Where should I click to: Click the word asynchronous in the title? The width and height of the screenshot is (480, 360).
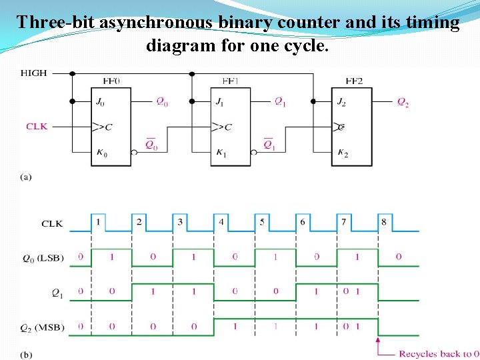(156, 22)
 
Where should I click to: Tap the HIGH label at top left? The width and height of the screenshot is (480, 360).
(34, 73)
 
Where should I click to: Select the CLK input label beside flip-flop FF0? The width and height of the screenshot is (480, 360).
(37, 126)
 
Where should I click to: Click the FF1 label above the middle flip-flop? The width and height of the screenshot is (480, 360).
(230, 81)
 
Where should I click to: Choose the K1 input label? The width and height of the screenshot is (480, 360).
(221, 153)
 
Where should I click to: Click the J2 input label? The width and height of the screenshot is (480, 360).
(343, 102)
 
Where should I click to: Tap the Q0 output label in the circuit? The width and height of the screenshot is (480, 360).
(163, 101)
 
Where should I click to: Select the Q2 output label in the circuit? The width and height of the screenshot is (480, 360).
(403, 102)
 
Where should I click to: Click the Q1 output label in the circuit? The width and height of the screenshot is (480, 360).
(281, 101)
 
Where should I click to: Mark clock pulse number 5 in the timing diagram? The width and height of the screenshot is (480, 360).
(262, 221)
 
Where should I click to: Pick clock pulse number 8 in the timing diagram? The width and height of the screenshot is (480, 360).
(383, 221)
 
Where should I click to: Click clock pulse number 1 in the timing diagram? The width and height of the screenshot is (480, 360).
(98, 221)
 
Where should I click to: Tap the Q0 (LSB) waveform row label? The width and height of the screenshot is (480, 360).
(43, 258)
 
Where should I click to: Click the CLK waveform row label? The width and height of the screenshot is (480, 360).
(52, 224)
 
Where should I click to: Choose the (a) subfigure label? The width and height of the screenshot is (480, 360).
(26, 177)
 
